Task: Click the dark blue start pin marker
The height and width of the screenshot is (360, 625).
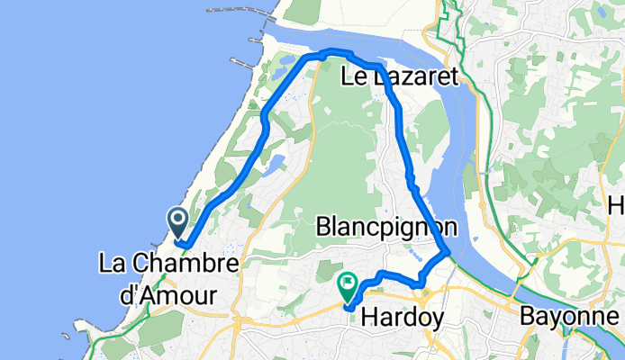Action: coord(177,220)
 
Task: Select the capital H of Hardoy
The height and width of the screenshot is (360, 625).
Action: coord(367,317)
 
